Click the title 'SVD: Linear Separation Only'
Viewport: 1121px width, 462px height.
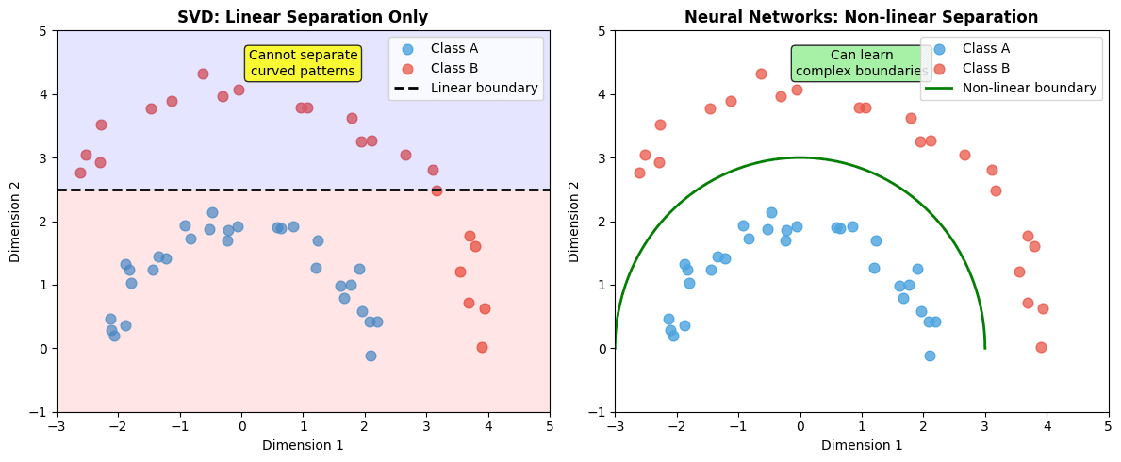click(x=303, y=17)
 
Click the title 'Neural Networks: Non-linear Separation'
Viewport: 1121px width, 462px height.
click(x=861, y=17)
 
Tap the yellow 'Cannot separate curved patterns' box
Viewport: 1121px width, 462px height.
click(x=303, y=62)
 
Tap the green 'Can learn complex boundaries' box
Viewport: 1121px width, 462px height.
click(x=861, y=62)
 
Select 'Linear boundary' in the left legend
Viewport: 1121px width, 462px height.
click(x=484, y=88)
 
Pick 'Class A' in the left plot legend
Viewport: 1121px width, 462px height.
click(x=453, y=48)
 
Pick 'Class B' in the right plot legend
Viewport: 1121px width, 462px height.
click(x=985, y=68)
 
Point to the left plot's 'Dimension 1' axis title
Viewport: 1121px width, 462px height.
click(x=303, y=445)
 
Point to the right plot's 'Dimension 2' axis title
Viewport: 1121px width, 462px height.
click(x=574, y=222)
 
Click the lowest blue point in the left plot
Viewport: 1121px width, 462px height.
click(x=371, y=355)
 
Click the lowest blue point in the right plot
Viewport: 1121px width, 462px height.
click(x=930, y=355)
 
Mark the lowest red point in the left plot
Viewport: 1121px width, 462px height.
click(x=482, y=347)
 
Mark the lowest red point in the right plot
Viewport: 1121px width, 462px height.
click(x=1041, y=347)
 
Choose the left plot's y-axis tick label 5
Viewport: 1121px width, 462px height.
click(x=43, y=31)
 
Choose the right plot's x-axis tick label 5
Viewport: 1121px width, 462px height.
click(x=1108, y=426)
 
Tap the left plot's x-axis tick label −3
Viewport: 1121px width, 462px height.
click(x=57, y=426)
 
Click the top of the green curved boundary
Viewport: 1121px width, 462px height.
click(x=800, y=157)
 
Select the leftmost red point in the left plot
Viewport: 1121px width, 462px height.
click(x=80, y=173)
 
